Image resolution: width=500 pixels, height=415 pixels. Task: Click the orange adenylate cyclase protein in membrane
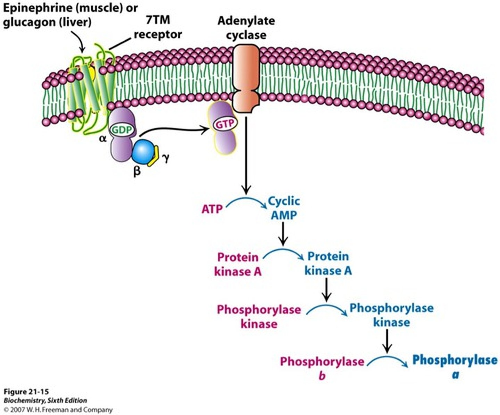(246, 77)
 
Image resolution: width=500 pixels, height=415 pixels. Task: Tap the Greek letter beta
(137, 171)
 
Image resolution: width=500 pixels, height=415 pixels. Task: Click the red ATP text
(212, 209)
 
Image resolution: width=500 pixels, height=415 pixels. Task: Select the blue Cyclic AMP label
(284, 208)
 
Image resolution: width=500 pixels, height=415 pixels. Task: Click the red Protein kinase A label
(238, 264)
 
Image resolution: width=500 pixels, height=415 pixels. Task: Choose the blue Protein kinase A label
(328, 263)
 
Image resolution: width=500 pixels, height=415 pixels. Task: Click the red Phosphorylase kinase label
(259, 316)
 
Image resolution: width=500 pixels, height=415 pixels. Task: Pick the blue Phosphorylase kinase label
(391, 315)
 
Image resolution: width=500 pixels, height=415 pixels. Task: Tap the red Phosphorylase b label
(322, 368)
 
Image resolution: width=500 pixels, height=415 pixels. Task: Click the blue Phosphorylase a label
(455, 366)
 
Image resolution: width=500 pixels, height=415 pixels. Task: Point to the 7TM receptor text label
(158, 27)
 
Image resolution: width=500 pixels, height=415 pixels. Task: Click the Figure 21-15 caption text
(26, 392)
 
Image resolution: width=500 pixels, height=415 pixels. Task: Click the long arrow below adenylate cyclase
(246, 156)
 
